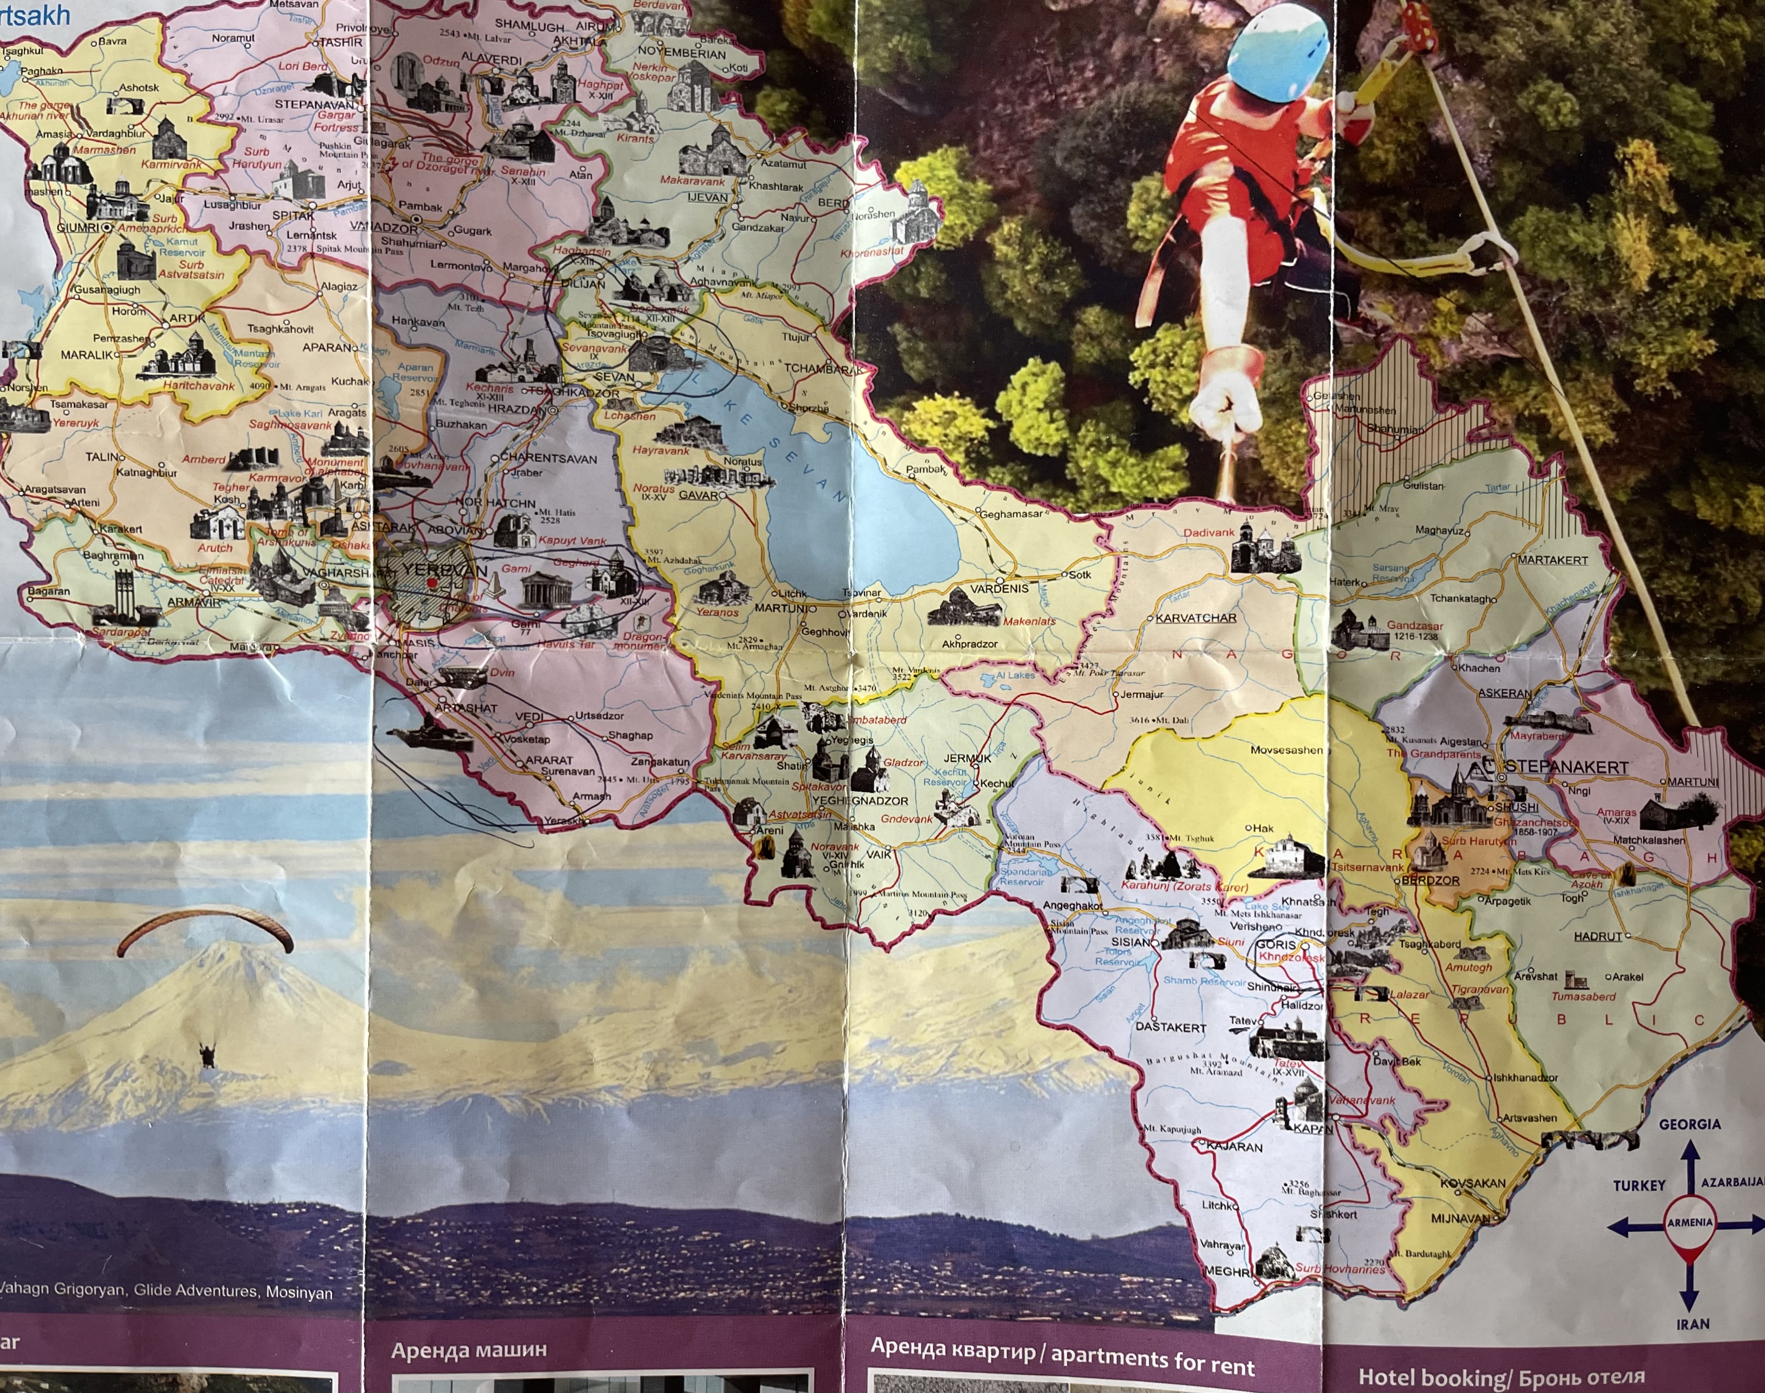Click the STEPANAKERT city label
pyautogui.click(x=1566, y=768)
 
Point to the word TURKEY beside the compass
pyautogui.click(x=1638, y=1186)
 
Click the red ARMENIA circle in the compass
pyautogui.click(x=1690, y=1223)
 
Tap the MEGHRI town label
pyautogui.click(x=1227, y=1271)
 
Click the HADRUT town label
pyautogui.click(x=1597, y=936)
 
